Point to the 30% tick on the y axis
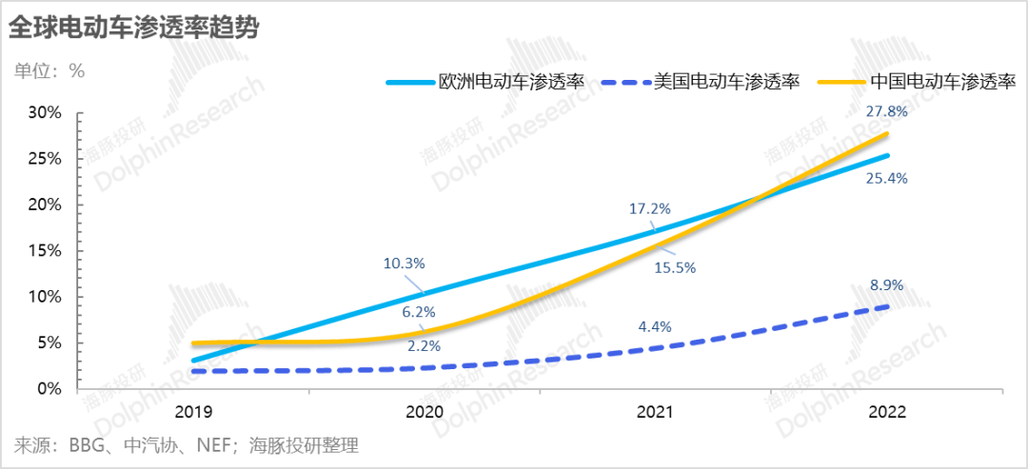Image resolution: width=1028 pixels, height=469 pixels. click(46, 112)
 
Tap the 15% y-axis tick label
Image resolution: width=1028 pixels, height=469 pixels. click(46, 251)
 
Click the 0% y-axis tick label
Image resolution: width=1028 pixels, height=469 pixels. click(49, 389)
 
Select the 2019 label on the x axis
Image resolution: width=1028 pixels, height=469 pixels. click(193, 412)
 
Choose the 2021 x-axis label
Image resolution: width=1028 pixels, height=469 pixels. click(654, 412)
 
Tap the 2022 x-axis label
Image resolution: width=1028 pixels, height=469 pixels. click(885, 412)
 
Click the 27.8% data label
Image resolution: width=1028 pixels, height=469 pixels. click(886, 111)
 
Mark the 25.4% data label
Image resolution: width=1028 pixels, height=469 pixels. click(886, 178)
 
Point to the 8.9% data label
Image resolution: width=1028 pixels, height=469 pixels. click(886, 284)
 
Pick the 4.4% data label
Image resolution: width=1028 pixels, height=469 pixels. click(654, 326)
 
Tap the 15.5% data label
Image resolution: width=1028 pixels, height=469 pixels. click(675, 268)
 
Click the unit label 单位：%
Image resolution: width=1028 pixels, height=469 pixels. click(49, 70)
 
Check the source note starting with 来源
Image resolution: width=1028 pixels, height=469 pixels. click(187, 445)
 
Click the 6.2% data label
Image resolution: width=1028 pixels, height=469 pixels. click(418, 311)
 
